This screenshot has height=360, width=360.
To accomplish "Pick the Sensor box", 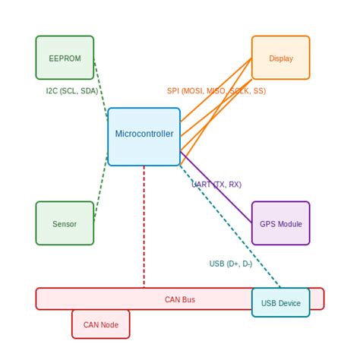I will pos(65,223).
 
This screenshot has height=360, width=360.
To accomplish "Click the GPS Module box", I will pos(280,223).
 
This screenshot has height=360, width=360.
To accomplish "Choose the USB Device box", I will pos(280,302).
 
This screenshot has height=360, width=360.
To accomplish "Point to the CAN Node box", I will pos(100,324).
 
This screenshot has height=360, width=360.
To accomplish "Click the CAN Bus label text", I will pos(180,299).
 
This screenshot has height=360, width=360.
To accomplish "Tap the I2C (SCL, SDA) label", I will pos(72,91).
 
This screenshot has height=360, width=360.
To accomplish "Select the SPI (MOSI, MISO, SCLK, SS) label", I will pos(216,91).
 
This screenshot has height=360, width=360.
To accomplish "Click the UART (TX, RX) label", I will pos(216,185).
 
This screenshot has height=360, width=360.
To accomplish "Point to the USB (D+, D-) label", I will pos(231,264).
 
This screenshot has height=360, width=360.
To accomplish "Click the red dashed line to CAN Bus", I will pos(144,228).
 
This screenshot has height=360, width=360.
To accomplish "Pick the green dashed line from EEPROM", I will pos(100,90).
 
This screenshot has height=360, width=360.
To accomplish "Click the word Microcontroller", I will pos(144,134).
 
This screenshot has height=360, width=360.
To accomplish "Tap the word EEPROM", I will pos(65,58).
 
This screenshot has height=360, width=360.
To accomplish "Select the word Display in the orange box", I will pos(280,58).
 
